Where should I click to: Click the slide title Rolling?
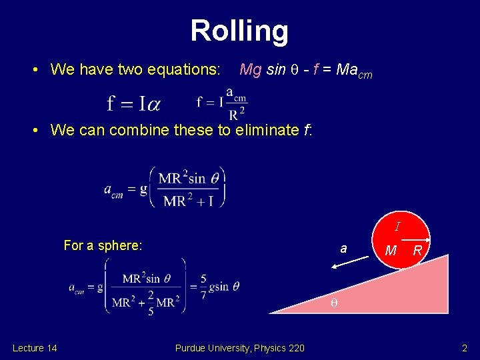[x=239, y=31]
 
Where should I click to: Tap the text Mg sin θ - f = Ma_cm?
[x=305, y=70]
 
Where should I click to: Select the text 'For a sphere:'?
[x=103, y=245]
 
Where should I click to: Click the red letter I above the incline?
[x=397, y=227]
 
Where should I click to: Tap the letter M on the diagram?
[x=391, y=251]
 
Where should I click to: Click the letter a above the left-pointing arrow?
[x=343, y=248]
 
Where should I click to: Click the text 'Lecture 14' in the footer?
[x=35, y=347]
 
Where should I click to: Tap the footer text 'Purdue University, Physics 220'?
[x=239, y=347]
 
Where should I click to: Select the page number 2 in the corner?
[x=465, y=347]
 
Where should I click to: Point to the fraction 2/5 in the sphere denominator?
[x=151, y=302]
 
